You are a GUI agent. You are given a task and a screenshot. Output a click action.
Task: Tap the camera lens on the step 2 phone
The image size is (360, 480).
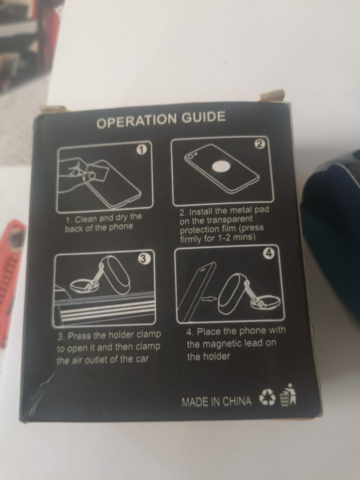tap(191, 157)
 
